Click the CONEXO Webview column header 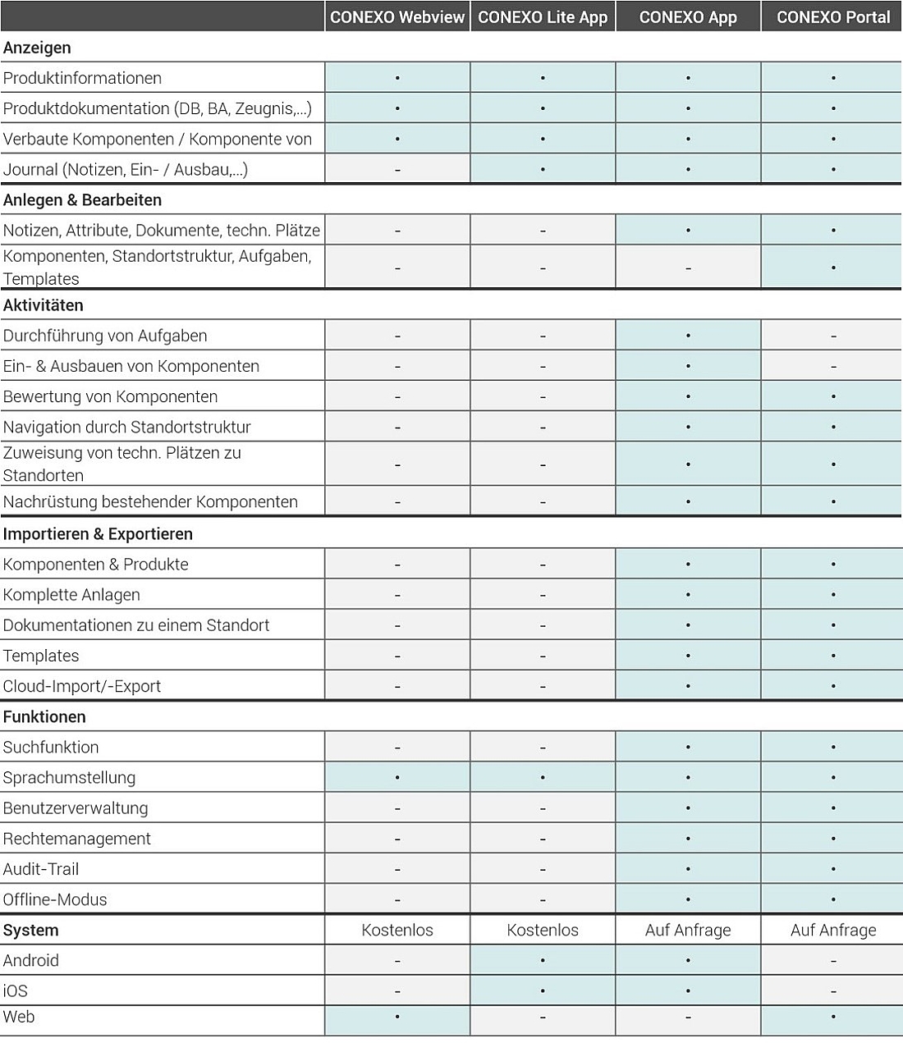[x=397, y=17]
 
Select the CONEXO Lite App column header [x=543, y=17]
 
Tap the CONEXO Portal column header [x=832, y=17]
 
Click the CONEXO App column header [x=688, y=17]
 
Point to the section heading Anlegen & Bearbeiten [x=82, y=200]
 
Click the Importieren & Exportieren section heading [x=98, y=534]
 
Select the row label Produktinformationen [x=82, y=78]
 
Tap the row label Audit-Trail [x=41, y=869]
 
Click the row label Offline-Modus [x=55, y=899]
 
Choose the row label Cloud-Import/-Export [x=82, y=686]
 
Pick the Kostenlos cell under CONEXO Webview [x=397, y=930]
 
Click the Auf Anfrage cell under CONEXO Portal [x=832, y=930]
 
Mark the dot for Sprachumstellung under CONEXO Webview [x=397, y=777]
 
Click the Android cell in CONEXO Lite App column [x=543, y=960]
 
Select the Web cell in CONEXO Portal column [x=832, y=1018]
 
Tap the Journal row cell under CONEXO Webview [x=397, y=170]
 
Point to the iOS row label [x=16, y=991]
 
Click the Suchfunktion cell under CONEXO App [x=688, y=747]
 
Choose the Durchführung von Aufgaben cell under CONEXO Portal [x=832, y=336]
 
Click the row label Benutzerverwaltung [x=76, y=808]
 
